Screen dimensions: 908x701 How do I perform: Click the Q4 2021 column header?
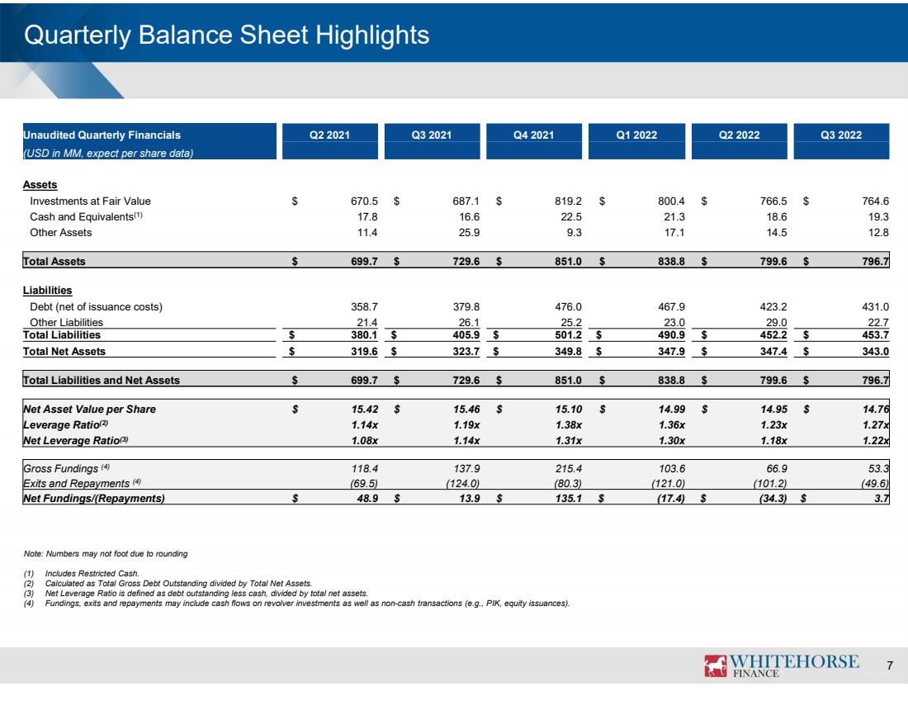pos(533,135)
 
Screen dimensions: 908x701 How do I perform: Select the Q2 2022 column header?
pos(739,135)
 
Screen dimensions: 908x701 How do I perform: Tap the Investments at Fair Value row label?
pos(90,201)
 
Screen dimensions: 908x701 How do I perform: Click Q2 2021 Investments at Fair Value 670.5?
pos(364,201)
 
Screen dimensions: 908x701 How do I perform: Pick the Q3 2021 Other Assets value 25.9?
pos(469,232)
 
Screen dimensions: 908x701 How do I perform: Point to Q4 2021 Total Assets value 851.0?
pos(568,261)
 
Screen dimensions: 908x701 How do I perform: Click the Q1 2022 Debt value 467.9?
pos(671,306)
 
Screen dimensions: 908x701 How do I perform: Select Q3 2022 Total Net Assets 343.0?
pos(875,351)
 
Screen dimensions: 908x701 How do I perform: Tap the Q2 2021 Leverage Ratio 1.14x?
pos(364,424)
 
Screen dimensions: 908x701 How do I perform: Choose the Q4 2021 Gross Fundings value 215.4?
pos(568,468)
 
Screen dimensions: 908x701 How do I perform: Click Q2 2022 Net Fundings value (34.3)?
pos(773,498)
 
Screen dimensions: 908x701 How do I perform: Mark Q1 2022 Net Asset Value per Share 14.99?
pos(672,409)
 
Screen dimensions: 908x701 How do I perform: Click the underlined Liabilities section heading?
pos(48,291)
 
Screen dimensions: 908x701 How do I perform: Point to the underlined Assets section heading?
pos(40,185)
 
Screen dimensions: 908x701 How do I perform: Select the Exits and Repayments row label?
pos(77,483)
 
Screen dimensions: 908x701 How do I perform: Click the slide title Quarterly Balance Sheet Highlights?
pos(226,35)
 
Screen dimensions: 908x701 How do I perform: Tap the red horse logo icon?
pos(715,665)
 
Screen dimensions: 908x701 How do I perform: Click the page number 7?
pos(890,665)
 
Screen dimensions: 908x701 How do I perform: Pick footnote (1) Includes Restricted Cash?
pos(82,574)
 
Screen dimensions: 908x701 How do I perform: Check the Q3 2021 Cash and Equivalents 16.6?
pos(469,216)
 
